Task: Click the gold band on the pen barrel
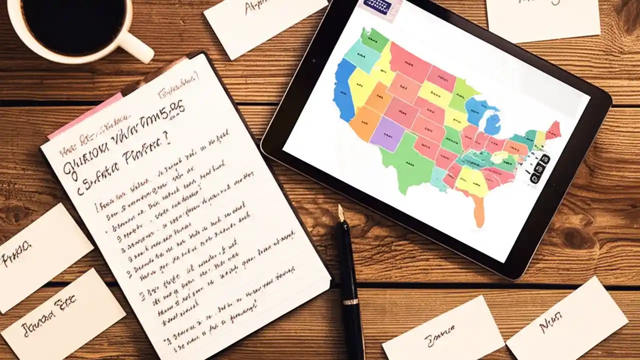point(350,301)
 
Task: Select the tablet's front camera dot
point(313,60)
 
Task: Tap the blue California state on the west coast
point(344,90)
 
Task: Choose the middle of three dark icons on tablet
point(539,168)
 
